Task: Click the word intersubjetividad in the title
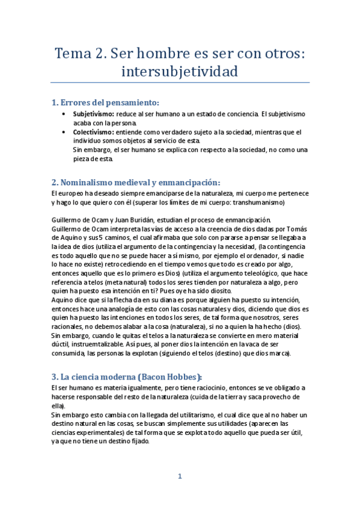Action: tap(180, 72)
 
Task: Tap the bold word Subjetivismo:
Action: tap(94, 114)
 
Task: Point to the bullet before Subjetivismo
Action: tap(64, 114)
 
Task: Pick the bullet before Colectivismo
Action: tap(64, 132)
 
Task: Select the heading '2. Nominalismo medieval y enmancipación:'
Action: tap(136, 182)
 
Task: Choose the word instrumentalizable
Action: tap(108, 345)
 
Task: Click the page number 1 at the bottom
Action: tap(180, 477)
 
